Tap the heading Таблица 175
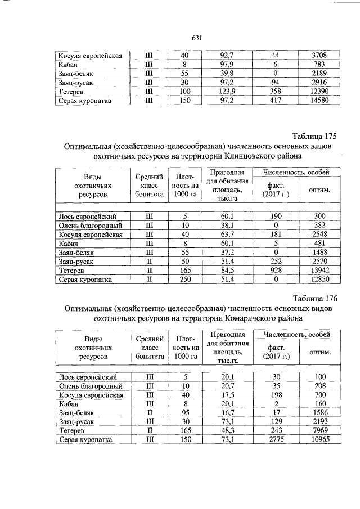(x=314, y=136)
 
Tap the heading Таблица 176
(x=314, y=298)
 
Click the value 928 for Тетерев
(x=276, y=271)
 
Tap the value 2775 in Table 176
(x=276, y=439)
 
